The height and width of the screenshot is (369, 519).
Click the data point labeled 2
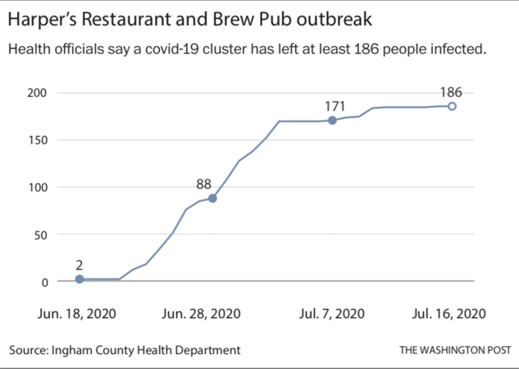(x=80, y=280)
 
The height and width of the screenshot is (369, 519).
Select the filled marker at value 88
(x=212, y=198)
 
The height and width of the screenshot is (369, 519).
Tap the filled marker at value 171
(x=332, y=121)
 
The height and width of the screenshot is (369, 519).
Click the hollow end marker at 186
(x=452, y=107)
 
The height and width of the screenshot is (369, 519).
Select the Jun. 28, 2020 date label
(x=201, y=313)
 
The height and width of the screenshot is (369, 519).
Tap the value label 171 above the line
(x=335, y=106)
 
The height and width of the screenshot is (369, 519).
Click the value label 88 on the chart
(x=203, y=184)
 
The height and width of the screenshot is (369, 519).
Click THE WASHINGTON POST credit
(x=453, y=350)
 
